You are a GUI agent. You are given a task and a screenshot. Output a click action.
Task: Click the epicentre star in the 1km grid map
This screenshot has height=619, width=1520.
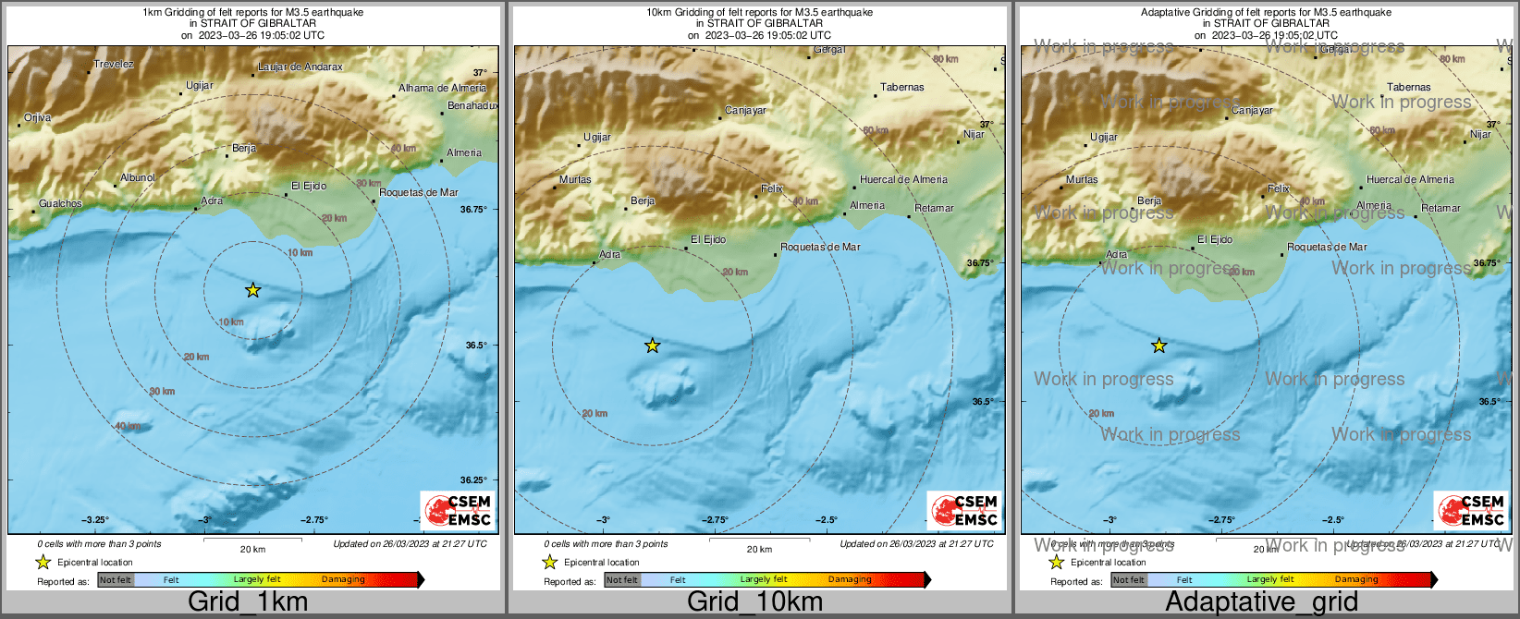click(x=252, y=290)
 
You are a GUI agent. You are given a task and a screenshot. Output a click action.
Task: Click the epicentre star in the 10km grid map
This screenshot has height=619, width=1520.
click(x=652, y=346)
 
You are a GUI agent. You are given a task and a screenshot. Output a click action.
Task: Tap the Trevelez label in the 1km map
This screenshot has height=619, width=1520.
click(x=114, y=64)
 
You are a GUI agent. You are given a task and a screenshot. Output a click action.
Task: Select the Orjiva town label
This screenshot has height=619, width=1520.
click(x=38, y=117)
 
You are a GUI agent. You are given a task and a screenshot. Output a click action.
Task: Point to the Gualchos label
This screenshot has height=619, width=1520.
click(x=60, y=203)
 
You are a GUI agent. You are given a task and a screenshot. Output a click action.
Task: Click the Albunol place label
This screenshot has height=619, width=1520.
click(x=138, y=177)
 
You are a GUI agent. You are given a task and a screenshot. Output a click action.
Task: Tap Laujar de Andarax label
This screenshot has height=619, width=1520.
click(x=300, y=67)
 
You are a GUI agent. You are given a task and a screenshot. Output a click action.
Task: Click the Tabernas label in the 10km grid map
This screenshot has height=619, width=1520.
click(x=901, y=87)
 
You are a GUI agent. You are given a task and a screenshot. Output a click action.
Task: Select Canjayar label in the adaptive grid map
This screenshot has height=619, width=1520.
click(x=1252, y=110)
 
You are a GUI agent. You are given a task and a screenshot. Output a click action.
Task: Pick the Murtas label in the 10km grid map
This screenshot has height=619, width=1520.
click(x=575, y=179)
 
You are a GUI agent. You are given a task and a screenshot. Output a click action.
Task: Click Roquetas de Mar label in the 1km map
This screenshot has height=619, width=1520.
click(x=419, y=192)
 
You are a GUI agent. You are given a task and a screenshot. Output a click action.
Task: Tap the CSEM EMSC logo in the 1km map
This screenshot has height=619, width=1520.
click(x=458, y=510)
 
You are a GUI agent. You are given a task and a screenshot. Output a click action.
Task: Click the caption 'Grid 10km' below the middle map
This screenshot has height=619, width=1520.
click(x=754, y=601)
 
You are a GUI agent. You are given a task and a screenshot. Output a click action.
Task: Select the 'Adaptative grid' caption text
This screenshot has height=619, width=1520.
click(x=1261, y=601)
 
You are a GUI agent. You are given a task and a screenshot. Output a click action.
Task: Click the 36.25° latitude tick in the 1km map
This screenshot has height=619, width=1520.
click(x=473, y=479)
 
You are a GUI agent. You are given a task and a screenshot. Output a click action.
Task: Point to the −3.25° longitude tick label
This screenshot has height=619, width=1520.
click(x=95, y=519)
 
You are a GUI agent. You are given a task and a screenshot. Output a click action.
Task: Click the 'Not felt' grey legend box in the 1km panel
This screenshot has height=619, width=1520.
click(x=116, y=580)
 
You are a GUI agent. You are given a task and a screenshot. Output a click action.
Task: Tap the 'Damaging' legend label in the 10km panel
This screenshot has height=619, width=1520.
click(x=850, y=579)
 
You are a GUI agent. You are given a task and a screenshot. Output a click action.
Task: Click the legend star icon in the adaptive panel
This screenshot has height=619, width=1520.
click(x=1056, y=562)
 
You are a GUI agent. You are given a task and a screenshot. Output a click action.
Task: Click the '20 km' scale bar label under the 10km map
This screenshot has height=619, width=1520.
click(x=759, y=549)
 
